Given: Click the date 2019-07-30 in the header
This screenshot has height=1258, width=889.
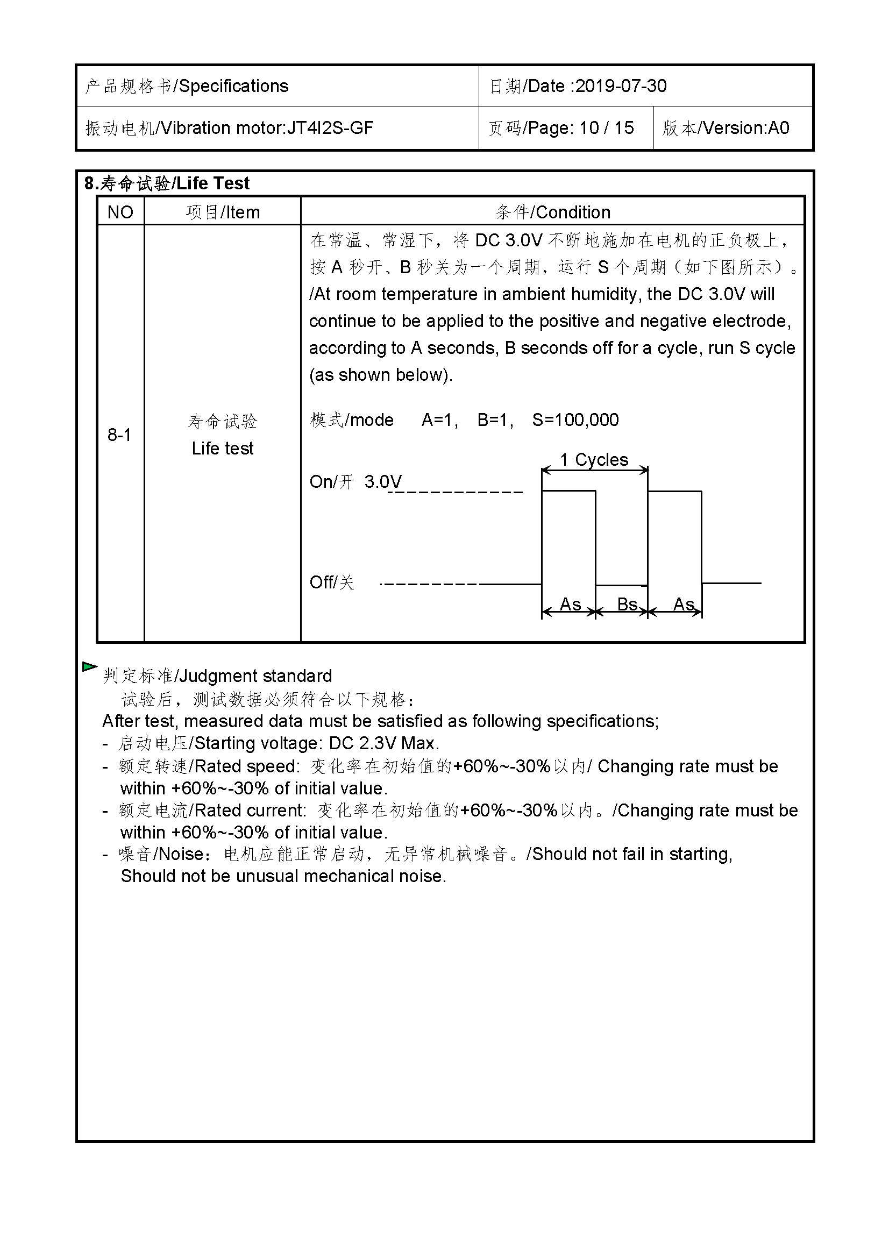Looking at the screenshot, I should [621, 86].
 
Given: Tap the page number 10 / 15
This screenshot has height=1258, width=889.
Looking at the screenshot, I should [606, 128].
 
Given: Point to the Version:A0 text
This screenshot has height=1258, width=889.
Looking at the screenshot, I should [745, 128].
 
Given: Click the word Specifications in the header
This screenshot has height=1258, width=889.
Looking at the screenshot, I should [234, 86].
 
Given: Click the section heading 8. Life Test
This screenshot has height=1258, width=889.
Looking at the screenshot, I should [167, 183].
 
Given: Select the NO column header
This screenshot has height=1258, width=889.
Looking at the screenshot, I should [120, 212].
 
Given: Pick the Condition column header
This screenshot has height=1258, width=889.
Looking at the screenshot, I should [573, 212].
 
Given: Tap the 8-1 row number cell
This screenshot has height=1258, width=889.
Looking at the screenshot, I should [119, 435].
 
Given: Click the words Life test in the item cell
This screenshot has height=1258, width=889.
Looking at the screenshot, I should [223, 449].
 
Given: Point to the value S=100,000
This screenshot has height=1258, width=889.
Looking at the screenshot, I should [575, 420].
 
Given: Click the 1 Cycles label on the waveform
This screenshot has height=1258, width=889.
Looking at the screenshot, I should [594, 460].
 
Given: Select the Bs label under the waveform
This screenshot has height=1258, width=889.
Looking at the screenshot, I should [627, 605].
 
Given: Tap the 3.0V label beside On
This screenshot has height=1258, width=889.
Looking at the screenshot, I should [383, 481].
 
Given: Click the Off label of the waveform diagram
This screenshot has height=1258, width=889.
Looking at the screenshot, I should [322, 582].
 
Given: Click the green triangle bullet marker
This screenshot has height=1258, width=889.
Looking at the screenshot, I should [89, 667].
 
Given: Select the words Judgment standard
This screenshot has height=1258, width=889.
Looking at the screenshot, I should [256, 676].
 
